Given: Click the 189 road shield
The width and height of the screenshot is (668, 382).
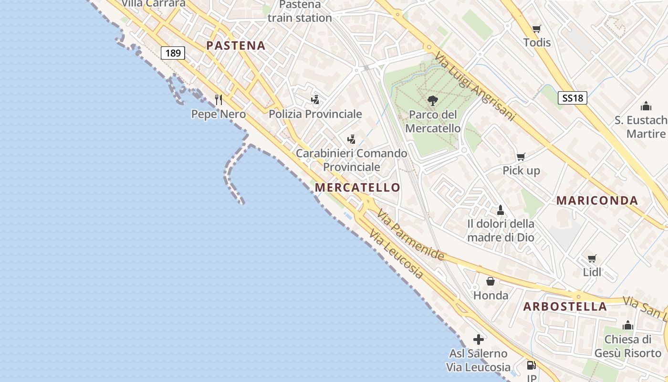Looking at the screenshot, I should click(x=173, y=53).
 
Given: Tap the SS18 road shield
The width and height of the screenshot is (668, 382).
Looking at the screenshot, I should click(x=573, y=98).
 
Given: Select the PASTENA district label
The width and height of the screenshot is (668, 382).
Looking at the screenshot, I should click(x=236, y=46).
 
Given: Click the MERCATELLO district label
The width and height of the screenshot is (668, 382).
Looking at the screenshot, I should click(x=357, y=188).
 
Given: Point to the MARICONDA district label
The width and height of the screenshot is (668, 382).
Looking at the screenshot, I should click(x=597, y=201).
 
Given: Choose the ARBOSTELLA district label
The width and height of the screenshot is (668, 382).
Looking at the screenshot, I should click(x=565, y=307).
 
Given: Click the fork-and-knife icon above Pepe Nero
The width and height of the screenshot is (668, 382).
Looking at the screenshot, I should click(x=219, y=100).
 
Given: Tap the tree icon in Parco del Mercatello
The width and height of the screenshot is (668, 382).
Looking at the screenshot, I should click(x=433, y=101).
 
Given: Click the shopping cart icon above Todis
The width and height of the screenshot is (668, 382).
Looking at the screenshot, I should click(x=537, y=29).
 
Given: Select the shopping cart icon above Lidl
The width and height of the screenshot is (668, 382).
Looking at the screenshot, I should click(x=592, y=259).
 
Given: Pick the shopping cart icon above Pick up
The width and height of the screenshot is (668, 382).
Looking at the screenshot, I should click(x=521, y=157).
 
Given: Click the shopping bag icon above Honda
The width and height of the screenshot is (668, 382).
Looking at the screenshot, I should click(x=491, y=282).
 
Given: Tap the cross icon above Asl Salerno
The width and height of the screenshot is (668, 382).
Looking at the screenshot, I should click(x=479, y=340).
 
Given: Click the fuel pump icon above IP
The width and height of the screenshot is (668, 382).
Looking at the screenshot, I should click(x=531, y=366).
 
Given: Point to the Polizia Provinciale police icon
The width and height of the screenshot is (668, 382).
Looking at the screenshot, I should click(x=315, y=100).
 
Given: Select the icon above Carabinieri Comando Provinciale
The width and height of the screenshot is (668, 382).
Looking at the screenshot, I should click(x=352, y=139).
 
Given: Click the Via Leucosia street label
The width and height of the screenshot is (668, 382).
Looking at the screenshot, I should click(x=397, y=255).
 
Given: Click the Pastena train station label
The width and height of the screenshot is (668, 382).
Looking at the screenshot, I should click(x=300, y=11).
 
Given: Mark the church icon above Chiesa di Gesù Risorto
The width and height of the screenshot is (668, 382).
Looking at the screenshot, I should click(x=627, y=326).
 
